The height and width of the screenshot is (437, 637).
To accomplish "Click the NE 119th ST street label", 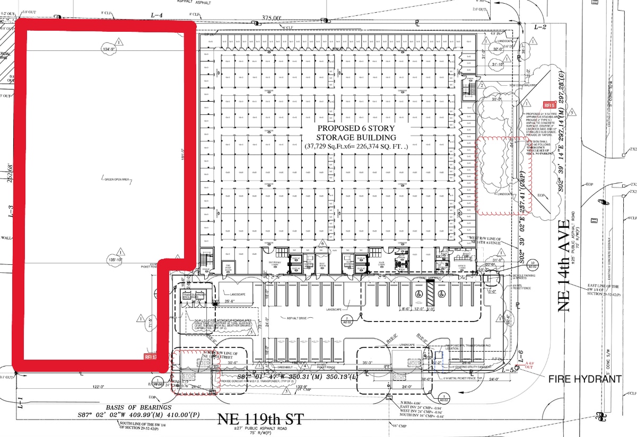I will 260,420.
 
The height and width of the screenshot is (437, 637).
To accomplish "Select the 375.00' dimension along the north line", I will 272,17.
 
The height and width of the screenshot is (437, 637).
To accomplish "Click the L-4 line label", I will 156,15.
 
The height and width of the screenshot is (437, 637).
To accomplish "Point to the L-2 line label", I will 540,26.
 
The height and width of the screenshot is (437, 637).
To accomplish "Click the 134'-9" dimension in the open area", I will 108,49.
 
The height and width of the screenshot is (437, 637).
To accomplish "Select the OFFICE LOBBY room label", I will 464,267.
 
